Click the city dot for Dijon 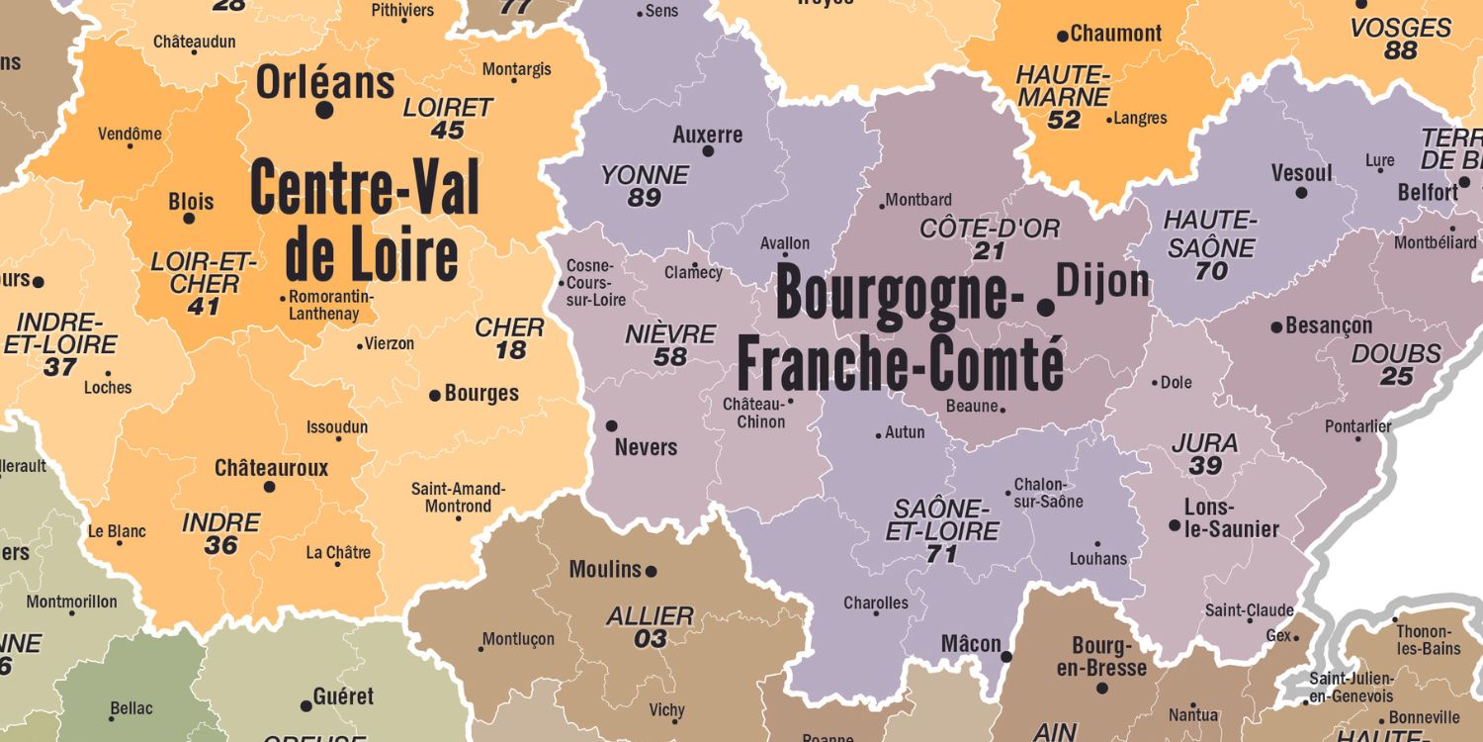[x=1045, y=308]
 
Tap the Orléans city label [x=325, y=83]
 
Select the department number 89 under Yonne [x=645, y=198]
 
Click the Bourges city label [x=481, y=394]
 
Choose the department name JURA [x=1204, y=443]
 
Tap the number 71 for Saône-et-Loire [x=941, y=554]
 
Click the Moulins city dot [x=651, y=571]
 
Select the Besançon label [x=1329, y=325]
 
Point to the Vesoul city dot [x=1301, y=193]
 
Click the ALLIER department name [x=650, y=616]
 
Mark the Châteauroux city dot [x=269, y=487]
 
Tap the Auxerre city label [x=707, y=135]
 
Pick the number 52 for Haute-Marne [x=1064, y=121]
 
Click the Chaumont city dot [x=1063, y=36]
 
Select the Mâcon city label [x=971, y=644]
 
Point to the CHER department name [x=510, y=327]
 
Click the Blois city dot [x=190, y=218]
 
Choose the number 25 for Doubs [x=1397, y=377]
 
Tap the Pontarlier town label [x=1357, y=426]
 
